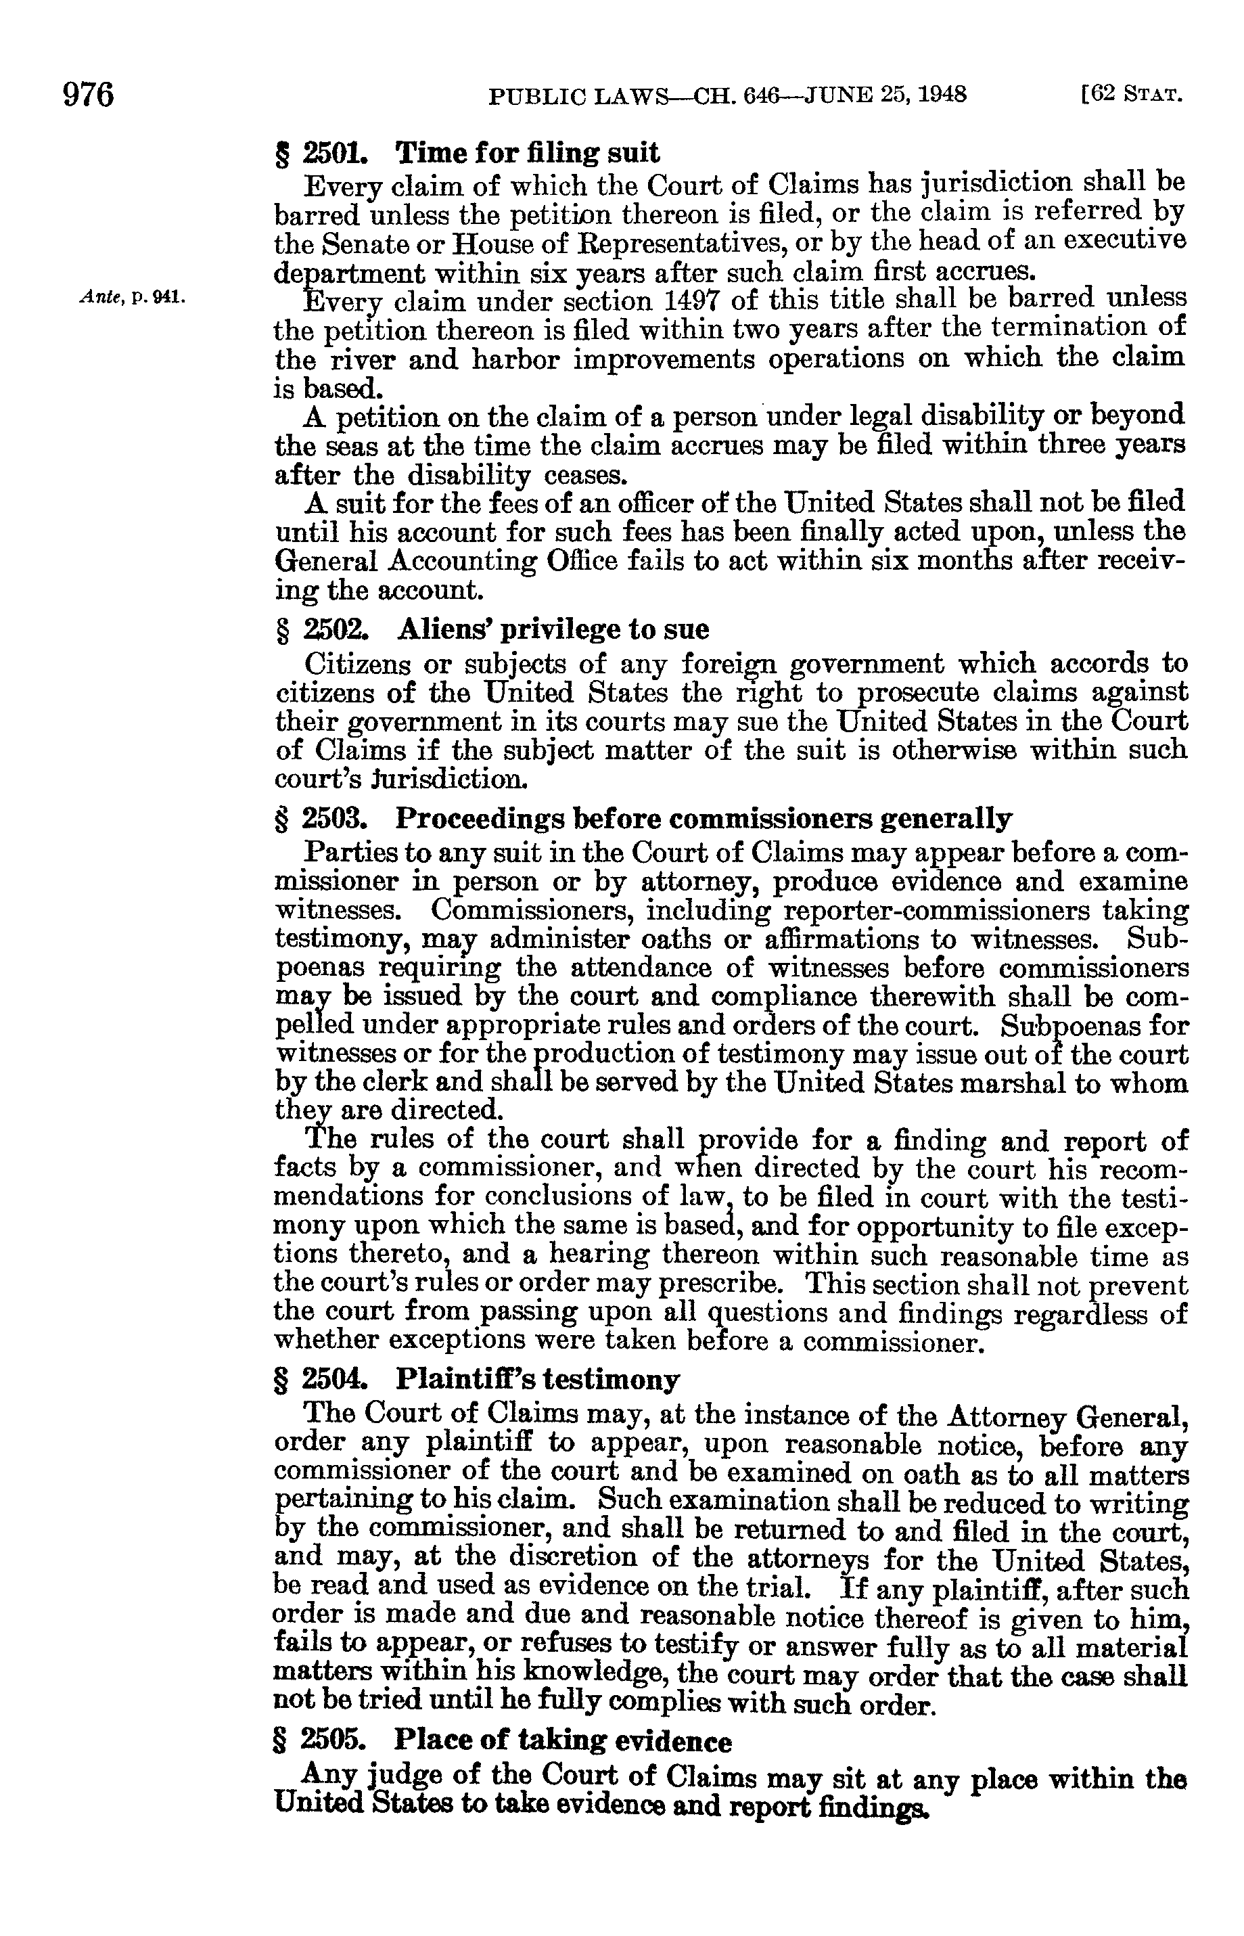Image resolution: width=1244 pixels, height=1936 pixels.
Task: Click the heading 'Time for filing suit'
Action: tap(527, 152)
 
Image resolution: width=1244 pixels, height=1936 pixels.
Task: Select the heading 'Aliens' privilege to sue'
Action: tap(552, 629)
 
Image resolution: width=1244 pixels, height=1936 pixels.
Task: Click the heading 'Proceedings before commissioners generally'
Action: tap(703, 819)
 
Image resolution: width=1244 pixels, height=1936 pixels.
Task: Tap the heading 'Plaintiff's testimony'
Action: tap(537, 1379)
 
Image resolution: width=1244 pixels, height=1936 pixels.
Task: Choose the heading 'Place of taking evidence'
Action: tap(563, 1741)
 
